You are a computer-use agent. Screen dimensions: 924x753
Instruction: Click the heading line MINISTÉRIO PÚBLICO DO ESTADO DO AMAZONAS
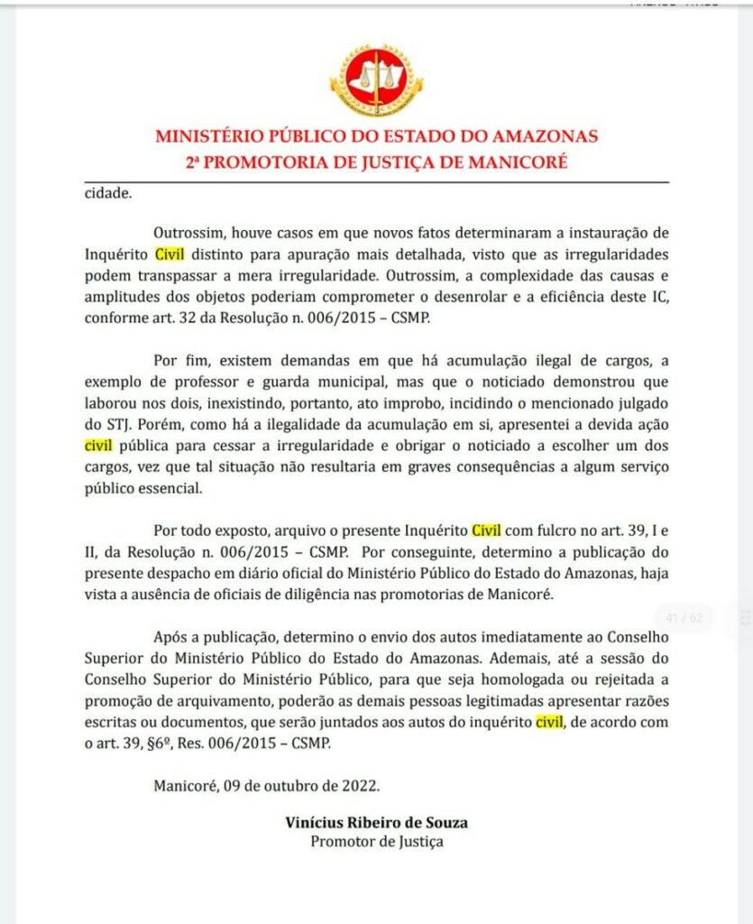click(376, 137)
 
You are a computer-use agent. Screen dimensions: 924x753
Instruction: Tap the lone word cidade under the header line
click(107, 192)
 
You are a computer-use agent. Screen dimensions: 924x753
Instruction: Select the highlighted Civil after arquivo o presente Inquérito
click(486, 529)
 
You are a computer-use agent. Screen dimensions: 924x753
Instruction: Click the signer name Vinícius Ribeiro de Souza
click(376, 823)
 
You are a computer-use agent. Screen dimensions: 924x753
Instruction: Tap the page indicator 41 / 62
click(683, 618)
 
